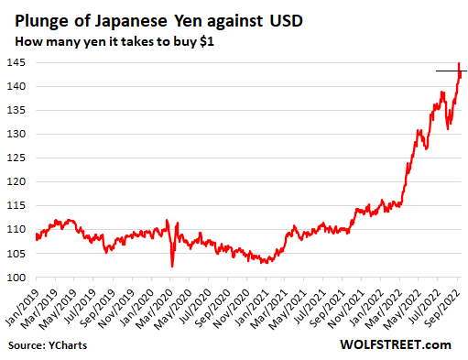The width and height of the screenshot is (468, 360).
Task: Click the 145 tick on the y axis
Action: [x=18, y=63]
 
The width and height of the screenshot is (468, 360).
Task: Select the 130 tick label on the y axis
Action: [x=18, y=135]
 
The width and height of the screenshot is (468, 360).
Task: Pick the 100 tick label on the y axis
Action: [x=18, y=278]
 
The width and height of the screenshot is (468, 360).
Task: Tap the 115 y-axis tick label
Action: [x=18, y=206]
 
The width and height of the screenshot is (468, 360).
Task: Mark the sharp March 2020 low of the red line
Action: [x=172, y=266]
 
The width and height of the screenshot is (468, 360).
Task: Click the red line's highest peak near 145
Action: [x=459, y=64]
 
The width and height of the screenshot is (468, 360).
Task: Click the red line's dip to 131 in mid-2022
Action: [x=448, y=128]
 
